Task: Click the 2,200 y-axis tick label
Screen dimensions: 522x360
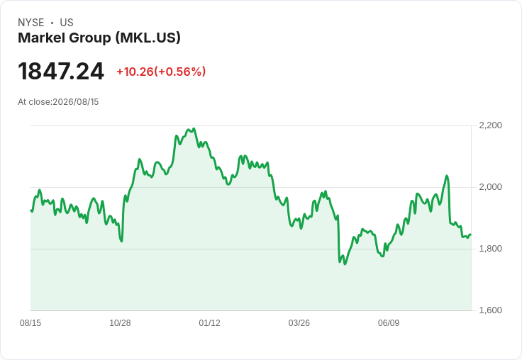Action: point(490,125)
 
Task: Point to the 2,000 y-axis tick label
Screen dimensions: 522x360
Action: point(490,187)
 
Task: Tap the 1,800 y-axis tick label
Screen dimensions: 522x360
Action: point(490,249)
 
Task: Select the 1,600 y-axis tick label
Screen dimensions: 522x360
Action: point(490,310)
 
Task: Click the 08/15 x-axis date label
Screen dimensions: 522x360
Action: point(30,322)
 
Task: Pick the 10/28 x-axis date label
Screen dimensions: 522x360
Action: point(120,322)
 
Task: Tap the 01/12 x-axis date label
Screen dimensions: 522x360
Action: point(209,322)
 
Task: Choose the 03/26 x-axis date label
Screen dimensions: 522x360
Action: point(299,322)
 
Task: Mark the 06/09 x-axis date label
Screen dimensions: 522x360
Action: point(389,322)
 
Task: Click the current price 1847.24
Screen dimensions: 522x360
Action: point(61,72)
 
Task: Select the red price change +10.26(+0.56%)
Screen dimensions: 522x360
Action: point(161,72)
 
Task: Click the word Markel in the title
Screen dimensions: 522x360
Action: point(41,38)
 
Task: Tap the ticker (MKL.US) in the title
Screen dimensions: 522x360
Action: point(148,38)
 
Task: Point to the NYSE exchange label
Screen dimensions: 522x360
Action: point(31,23)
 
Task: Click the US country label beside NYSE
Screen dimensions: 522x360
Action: point(67,23)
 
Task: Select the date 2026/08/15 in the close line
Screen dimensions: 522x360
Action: point(76,102)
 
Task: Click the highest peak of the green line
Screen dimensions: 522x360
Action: point(194,128)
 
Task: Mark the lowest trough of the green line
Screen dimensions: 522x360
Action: point(345,264)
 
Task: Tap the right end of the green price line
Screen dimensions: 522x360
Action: point(470,235)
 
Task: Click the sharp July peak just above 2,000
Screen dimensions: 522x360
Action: point(447,176)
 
